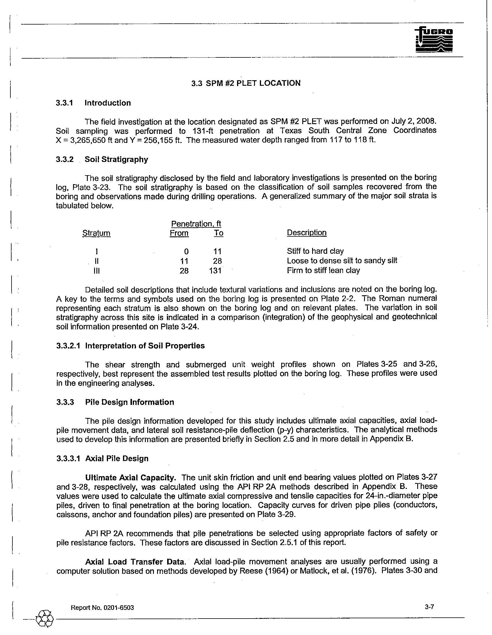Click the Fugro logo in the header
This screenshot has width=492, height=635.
(434, 40)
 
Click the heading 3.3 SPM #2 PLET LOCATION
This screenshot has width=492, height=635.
(246, 83)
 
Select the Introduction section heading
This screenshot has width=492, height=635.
(108, 103)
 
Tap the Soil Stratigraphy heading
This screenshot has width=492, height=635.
(116, 159)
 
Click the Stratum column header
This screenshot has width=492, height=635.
(96, 233)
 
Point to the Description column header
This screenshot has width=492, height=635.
(306, 233)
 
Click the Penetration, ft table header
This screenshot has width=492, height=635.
(196, 224)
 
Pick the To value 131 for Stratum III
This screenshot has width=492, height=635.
(215, 271)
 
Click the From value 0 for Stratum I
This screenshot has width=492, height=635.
(186, 251)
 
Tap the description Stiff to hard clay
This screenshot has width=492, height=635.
(315, 251)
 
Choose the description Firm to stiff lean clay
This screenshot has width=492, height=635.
(323, 270)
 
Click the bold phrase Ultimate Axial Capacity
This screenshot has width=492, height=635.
(131, 478)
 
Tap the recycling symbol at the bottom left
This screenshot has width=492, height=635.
(44, 618)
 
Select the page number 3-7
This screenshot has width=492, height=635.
(429, 607)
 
